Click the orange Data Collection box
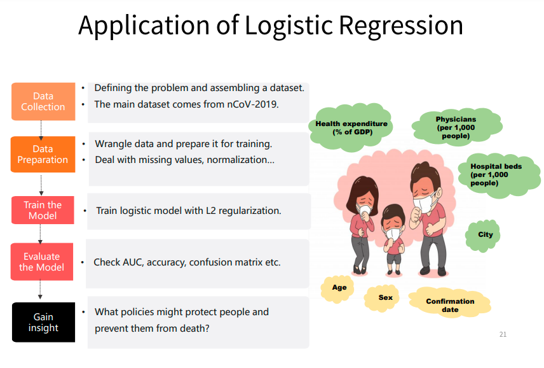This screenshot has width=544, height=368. click(x=43, y=101)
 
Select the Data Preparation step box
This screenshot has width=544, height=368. click(x=43, y=154)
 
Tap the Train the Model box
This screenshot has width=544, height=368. click(x=43, y=210)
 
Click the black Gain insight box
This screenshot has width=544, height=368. click(x=43, y=322)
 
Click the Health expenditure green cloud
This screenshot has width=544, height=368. click(x=351, y=127)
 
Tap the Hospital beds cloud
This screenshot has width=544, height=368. click(x=494, y=174)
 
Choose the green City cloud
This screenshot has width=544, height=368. click(x=486, y=234)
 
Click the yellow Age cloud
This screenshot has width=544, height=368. click(x=339, y=287)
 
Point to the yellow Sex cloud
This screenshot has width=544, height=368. click(x=385, y=297)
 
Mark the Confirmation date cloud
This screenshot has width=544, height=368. click(x=450, y=305)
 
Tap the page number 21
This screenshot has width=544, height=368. click(x=503, y=334)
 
